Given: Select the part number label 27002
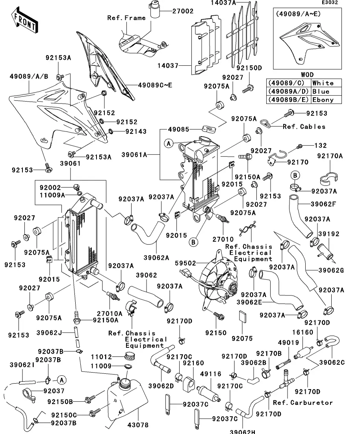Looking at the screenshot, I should point(182,11).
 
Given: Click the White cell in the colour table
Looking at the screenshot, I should point(323,83).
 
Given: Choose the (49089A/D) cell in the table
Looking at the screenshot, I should point(288,91).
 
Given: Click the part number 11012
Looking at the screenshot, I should point(102,357).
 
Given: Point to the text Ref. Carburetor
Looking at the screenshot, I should point(303,403).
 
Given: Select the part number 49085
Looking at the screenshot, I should point(179,129).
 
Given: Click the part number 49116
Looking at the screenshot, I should point(210,374).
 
